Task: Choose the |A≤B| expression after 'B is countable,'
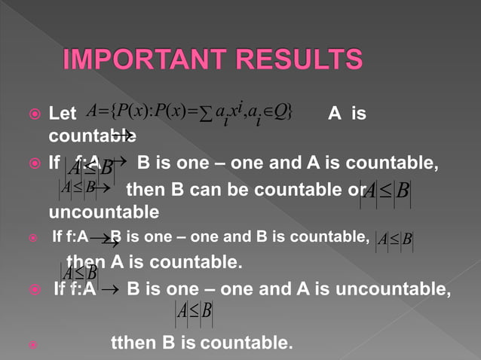[394, 240]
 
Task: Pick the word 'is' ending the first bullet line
[359, 115]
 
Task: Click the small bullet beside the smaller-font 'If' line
[32, 240]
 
